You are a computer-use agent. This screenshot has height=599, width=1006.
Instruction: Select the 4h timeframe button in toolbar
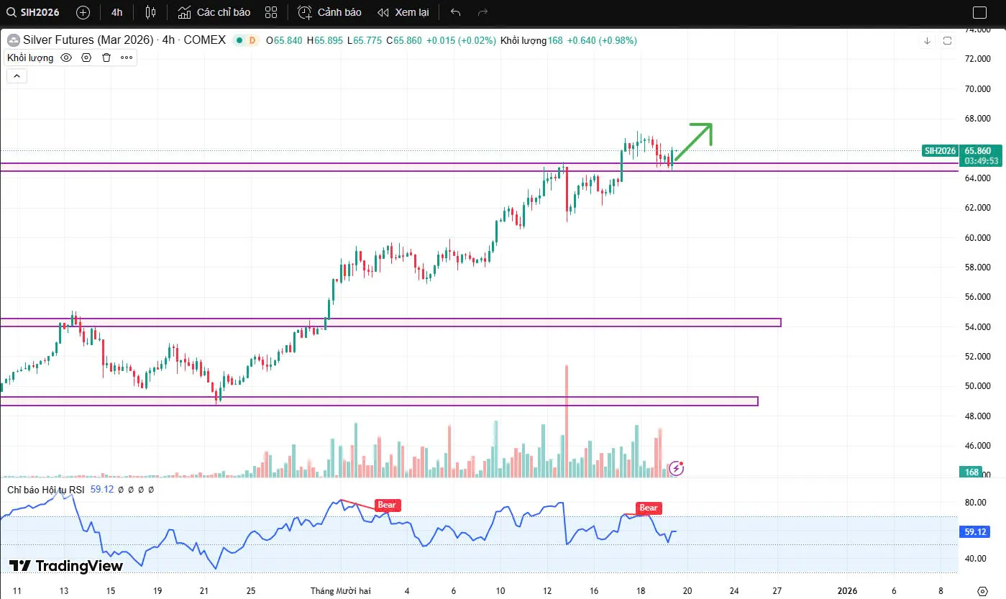pos(116,12)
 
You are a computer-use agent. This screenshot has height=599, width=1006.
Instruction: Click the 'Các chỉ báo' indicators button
pos(214,12)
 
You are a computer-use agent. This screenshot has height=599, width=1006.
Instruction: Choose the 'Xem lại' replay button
pos(403,12)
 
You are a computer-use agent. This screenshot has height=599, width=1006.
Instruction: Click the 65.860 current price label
pos(977,150)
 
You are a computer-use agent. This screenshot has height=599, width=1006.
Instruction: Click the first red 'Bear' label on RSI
pos(387,505)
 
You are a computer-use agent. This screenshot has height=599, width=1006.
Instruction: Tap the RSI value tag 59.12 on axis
pos(974,532)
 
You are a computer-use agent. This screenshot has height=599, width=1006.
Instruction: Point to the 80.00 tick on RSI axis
pos(974,503)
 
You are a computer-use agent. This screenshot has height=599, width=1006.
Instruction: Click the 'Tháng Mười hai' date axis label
pos(341,590)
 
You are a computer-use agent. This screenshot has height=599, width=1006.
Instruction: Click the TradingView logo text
pos(66,566)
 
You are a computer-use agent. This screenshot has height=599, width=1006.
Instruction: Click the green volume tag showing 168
pos(971,472)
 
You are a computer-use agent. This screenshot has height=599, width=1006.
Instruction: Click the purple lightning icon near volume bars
pos(676,468)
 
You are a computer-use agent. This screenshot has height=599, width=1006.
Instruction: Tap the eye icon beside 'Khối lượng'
pos(66,58)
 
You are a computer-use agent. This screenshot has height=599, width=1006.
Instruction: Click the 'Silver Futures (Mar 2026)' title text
pos(88,40)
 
